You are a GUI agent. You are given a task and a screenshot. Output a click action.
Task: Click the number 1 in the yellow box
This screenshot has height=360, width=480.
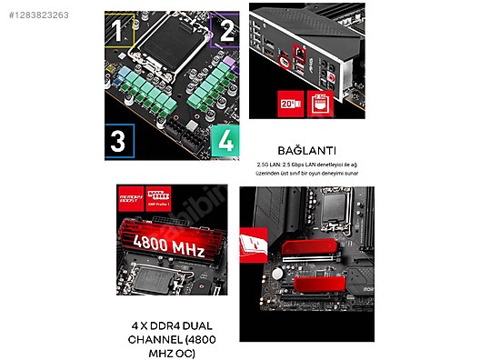coord(116,32)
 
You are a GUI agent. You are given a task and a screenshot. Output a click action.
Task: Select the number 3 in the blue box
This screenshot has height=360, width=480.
coord(117,141)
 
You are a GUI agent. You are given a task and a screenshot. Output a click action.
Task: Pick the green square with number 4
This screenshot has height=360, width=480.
coord(225,142)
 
